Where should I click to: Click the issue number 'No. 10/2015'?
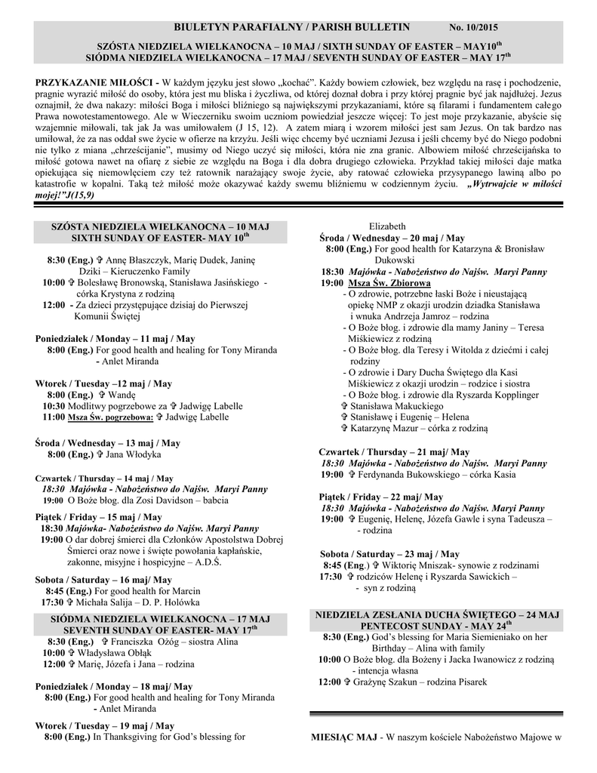click(x=474, y=28)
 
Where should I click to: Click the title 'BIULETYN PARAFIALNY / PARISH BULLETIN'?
click(x=291, y=27)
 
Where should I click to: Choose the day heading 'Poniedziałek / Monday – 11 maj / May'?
click(x=115, y=339)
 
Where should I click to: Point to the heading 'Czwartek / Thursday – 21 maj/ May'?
click(x=394, y=451)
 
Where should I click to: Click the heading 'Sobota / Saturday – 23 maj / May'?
click(x=389, y=553)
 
